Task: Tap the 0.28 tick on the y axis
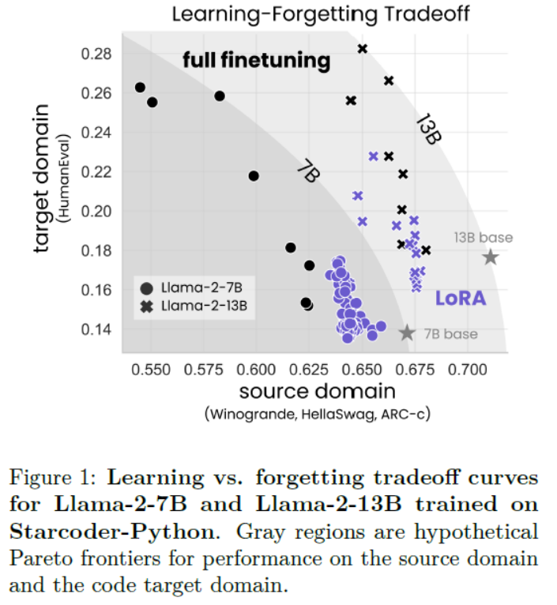[x=98, y=54]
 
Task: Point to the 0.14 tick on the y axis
[x=98, y=329]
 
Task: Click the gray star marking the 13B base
[x=491, y=257]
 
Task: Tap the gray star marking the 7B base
[x=407, y=333]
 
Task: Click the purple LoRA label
[x=461, y=299]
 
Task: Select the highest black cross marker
[x=363, y=49]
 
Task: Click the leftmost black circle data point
[x=140, y=88]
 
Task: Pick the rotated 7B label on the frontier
[x=307, y=171]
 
